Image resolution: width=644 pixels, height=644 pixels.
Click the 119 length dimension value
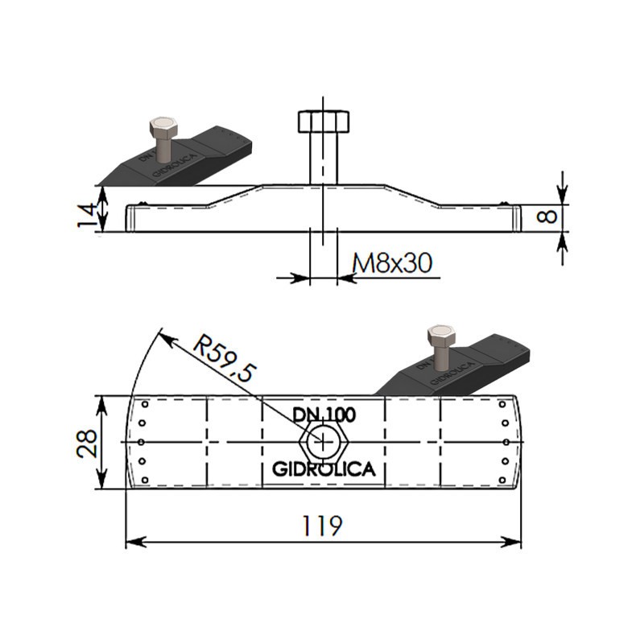pyautogui.click(x=322, y=526)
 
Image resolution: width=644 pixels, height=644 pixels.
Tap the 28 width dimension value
pyautogui.click(x=87, y=444)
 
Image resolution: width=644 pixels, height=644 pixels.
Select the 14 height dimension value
pyautogui.click(x=87, y=215)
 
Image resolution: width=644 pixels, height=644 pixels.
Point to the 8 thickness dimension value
pyautogui.click(x=547, y=216)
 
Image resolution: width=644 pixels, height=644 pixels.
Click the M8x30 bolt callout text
pyautogui.click(x=392, y=263)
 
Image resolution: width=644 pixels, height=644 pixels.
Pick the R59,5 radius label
pyautogui.click(x=225, y=357)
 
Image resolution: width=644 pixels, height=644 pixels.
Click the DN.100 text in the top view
pyautogui.click(x=324, y=415)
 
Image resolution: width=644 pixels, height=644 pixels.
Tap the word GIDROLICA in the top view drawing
pyautogui.click(x=324, y=469)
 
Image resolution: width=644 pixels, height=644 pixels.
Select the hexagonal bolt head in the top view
pyautogui.click(x=324, y=442)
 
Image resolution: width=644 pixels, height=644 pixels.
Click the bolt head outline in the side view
pyautogui.click(x=324, y=122)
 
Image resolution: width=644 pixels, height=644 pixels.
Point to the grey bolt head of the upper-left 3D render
pyautogui.click(x=163, y=128)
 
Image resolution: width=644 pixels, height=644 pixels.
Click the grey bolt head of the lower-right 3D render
pyautogui.click(x=441, y=336)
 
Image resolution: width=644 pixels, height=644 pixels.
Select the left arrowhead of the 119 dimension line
pyautogui.click(x=135, y=542)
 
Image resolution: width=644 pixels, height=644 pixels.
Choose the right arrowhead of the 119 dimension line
pyautogui.click(x=511, y=542)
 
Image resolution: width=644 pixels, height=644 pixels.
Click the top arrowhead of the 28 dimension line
pyautogui.click(x=101, y=407)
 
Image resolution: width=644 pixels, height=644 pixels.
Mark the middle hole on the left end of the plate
pyautogui.click(x=141, y=442)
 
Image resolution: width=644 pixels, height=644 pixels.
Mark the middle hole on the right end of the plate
pyautogui.click(x=506, y=442)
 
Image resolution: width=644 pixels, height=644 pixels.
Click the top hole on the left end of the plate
pyautogui.click(x=145, y=405)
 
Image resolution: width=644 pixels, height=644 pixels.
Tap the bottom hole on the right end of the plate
pyautogui.click(x=502, y=480)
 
